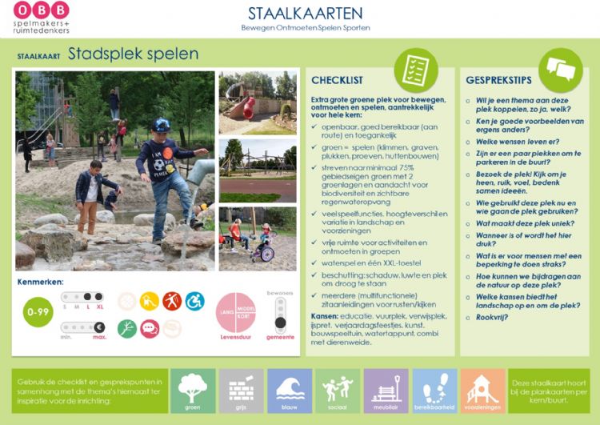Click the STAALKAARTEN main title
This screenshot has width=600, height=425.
(x=305, y=13)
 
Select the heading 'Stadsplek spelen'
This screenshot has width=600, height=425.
(x=133, y=54)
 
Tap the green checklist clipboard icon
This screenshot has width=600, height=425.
(x=416, y=69)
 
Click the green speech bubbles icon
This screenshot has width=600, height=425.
(x=560, y=70)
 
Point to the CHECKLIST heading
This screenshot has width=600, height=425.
(x=337, y=80)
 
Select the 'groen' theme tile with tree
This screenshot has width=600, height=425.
(x=193, y=391)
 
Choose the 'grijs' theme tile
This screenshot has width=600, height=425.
(x=241, y=391)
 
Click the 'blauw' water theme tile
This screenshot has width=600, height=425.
(x=290, y=391)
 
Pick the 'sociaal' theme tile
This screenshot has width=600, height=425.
(x=338, y=391)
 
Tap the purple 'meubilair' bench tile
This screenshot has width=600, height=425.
(x=386, y=391)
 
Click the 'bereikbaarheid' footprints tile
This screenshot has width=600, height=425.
(x=434, y=391)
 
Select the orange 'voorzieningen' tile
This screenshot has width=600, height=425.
(x=482, y=391)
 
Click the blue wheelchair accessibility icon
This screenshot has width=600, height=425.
(x=194, y=301)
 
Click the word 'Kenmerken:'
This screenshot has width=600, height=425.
(x=39, y=283)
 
